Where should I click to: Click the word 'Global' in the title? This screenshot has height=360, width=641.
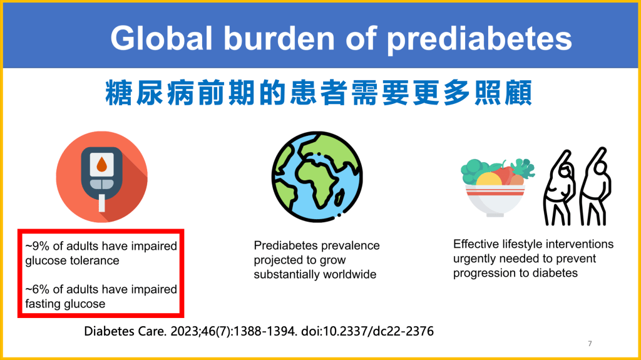pyautogui.click(x=162, y=38)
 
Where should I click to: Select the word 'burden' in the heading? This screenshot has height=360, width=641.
pyautogui.click(x=279, y=38)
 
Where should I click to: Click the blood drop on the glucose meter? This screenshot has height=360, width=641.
pyautogui.click(x=101, y=165)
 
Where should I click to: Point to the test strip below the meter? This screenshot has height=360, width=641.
pyautogui.click(x=102, y=203)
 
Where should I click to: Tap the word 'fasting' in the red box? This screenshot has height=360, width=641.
pyautogui.click(x=41, y=304)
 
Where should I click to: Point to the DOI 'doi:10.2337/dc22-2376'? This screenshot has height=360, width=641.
pyautogui.click(x=367, y=331)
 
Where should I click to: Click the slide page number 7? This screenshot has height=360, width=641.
pyautogui.click(x=590, y=344)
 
